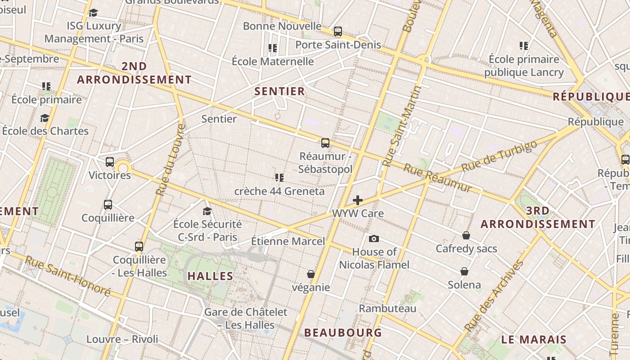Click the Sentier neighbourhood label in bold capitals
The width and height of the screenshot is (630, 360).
[x=279, y=91]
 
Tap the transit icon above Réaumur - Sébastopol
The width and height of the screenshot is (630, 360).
[x=325, y=144]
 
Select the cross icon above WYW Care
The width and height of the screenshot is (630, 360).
[x=358, y=200]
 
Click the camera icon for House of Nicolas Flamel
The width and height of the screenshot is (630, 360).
[x=373, y=238]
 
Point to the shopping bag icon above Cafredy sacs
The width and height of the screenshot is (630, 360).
[x=466, y=235]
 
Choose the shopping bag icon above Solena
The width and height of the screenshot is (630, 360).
[x=464, y=271]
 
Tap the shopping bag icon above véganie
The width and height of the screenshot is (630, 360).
[x=310, y=274]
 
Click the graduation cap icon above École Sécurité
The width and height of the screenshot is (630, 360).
[x=207, y=211]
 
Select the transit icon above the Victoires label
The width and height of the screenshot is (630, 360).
[x=110, y=162]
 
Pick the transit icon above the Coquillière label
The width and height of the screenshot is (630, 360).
[x=108, y=205]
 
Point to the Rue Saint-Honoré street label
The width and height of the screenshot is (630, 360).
[x=67, y=276]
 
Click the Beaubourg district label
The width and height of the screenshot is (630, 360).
[x=343, y=333]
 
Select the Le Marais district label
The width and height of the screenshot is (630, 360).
[x=534, y=340]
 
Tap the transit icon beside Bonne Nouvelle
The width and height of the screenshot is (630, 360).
[x=337, y=31]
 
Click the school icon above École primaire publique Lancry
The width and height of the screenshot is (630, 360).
[x=523, y=46]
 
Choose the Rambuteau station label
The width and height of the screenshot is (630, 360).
[x=387, y=309]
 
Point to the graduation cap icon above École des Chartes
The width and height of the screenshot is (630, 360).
[x=45, y=118]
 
